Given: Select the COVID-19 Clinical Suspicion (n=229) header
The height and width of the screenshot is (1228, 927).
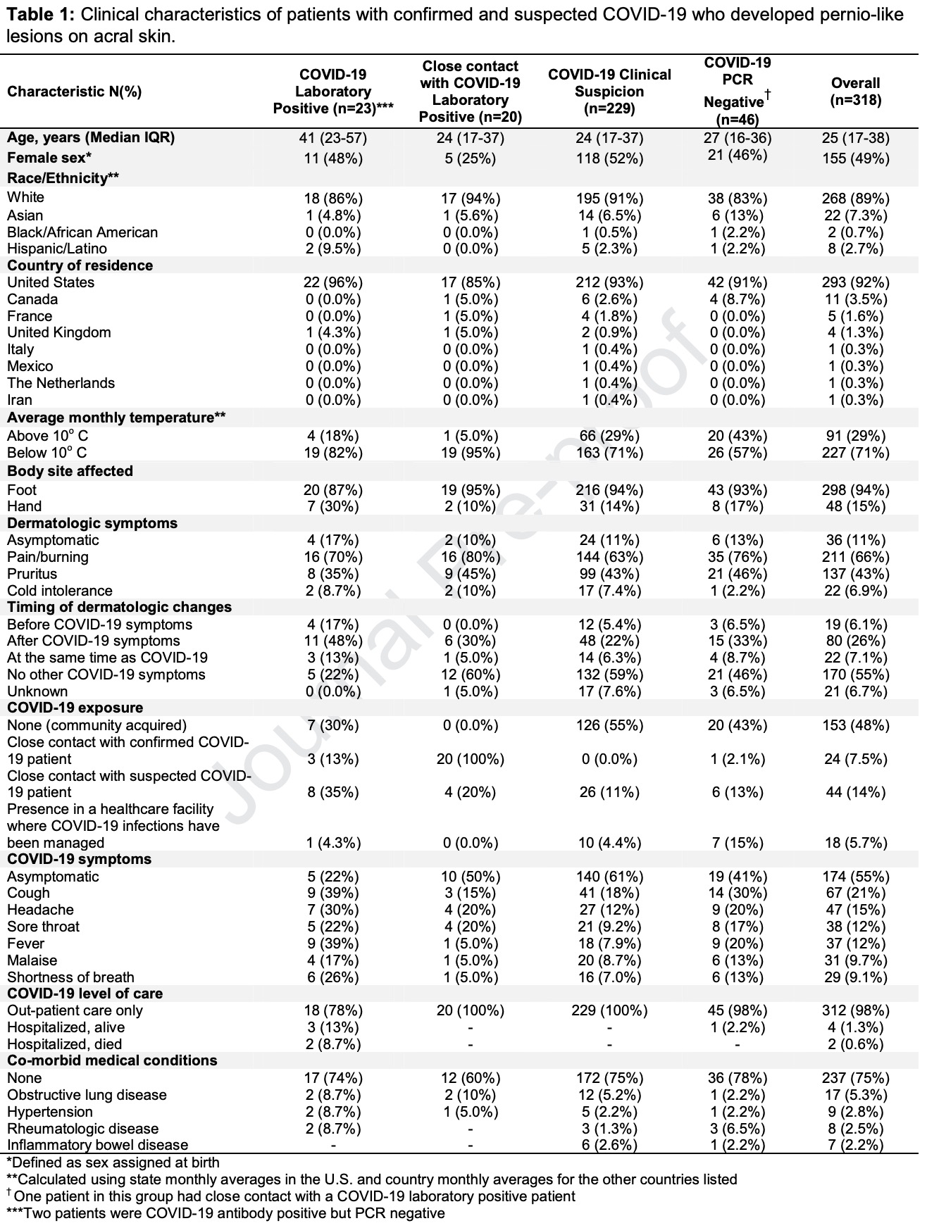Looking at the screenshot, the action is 609,92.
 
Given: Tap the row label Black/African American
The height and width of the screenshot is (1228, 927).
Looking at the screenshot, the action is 82,232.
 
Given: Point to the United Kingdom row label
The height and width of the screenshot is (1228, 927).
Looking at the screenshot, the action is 59,332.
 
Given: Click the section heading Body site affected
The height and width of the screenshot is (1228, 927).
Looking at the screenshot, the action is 70,471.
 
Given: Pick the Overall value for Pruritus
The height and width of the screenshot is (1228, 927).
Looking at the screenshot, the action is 855,574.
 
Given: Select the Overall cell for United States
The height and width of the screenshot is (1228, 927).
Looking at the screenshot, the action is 855,282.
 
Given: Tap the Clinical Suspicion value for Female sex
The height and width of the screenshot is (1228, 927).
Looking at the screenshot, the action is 609,158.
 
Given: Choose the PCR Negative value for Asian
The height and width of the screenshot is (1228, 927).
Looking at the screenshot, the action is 737,215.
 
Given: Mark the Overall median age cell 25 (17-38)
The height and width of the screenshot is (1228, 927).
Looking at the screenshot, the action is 855,138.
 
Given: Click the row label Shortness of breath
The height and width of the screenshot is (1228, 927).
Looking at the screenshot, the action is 70,977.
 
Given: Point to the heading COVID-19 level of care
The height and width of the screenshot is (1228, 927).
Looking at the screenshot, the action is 85,994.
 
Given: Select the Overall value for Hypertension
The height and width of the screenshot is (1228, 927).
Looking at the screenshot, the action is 855,1112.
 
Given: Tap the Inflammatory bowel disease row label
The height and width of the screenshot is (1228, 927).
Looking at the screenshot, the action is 98,1145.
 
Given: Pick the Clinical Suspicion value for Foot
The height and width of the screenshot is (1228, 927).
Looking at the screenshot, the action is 609,490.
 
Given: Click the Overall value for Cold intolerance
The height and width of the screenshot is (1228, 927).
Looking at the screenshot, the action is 855,591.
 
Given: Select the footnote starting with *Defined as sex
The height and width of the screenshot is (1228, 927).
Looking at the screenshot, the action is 113,1163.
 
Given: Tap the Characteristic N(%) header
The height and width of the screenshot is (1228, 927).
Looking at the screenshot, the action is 75,92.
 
